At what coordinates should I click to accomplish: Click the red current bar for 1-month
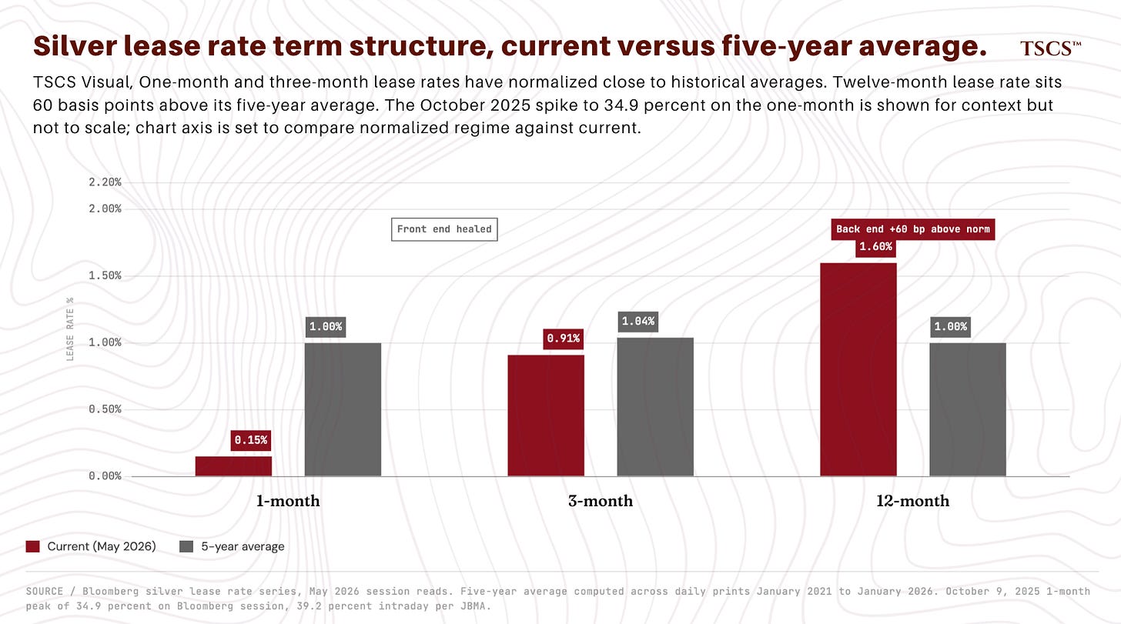tap(233, 466)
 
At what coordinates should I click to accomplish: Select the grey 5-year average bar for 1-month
tap(343, 409)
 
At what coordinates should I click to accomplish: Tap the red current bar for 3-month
tap(546, 415)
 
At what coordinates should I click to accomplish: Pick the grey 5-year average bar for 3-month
tap(655, 407)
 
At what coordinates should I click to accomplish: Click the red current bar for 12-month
tap(858, 369)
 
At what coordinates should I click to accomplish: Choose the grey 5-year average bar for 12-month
tap(968, 409)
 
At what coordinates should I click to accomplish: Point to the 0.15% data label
tap(251, 440)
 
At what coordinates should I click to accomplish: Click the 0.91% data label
tap(564, 339)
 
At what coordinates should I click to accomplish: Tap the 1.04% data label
tap(638, 321)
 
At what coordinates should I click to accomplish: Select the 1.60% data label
tap(876, 246)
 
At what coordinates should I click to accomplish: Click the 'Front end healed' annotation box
tap(444, 229)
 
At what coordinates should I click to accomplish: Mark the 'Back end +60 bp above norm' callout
tap(913, 229)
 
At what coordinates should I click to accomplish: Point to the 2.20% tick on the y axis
tap(105, 182)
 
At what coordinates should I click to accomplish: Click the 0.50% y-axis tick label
tap(105, 409)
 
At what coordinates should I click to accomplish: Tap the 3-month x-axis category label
tap(601, 500)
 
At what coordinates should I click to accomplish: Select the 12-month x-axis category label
tap(913, 500)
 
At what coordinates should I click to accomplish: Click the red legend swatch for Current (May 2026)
tap(32, 546)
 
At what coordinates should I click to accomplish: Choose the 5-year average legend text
tap(243, 546)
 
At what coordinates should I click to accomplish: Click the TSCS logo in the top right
tap(1050, 48)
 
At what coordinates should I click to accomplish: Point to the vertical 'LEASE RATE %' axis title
tap(70, 329)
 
